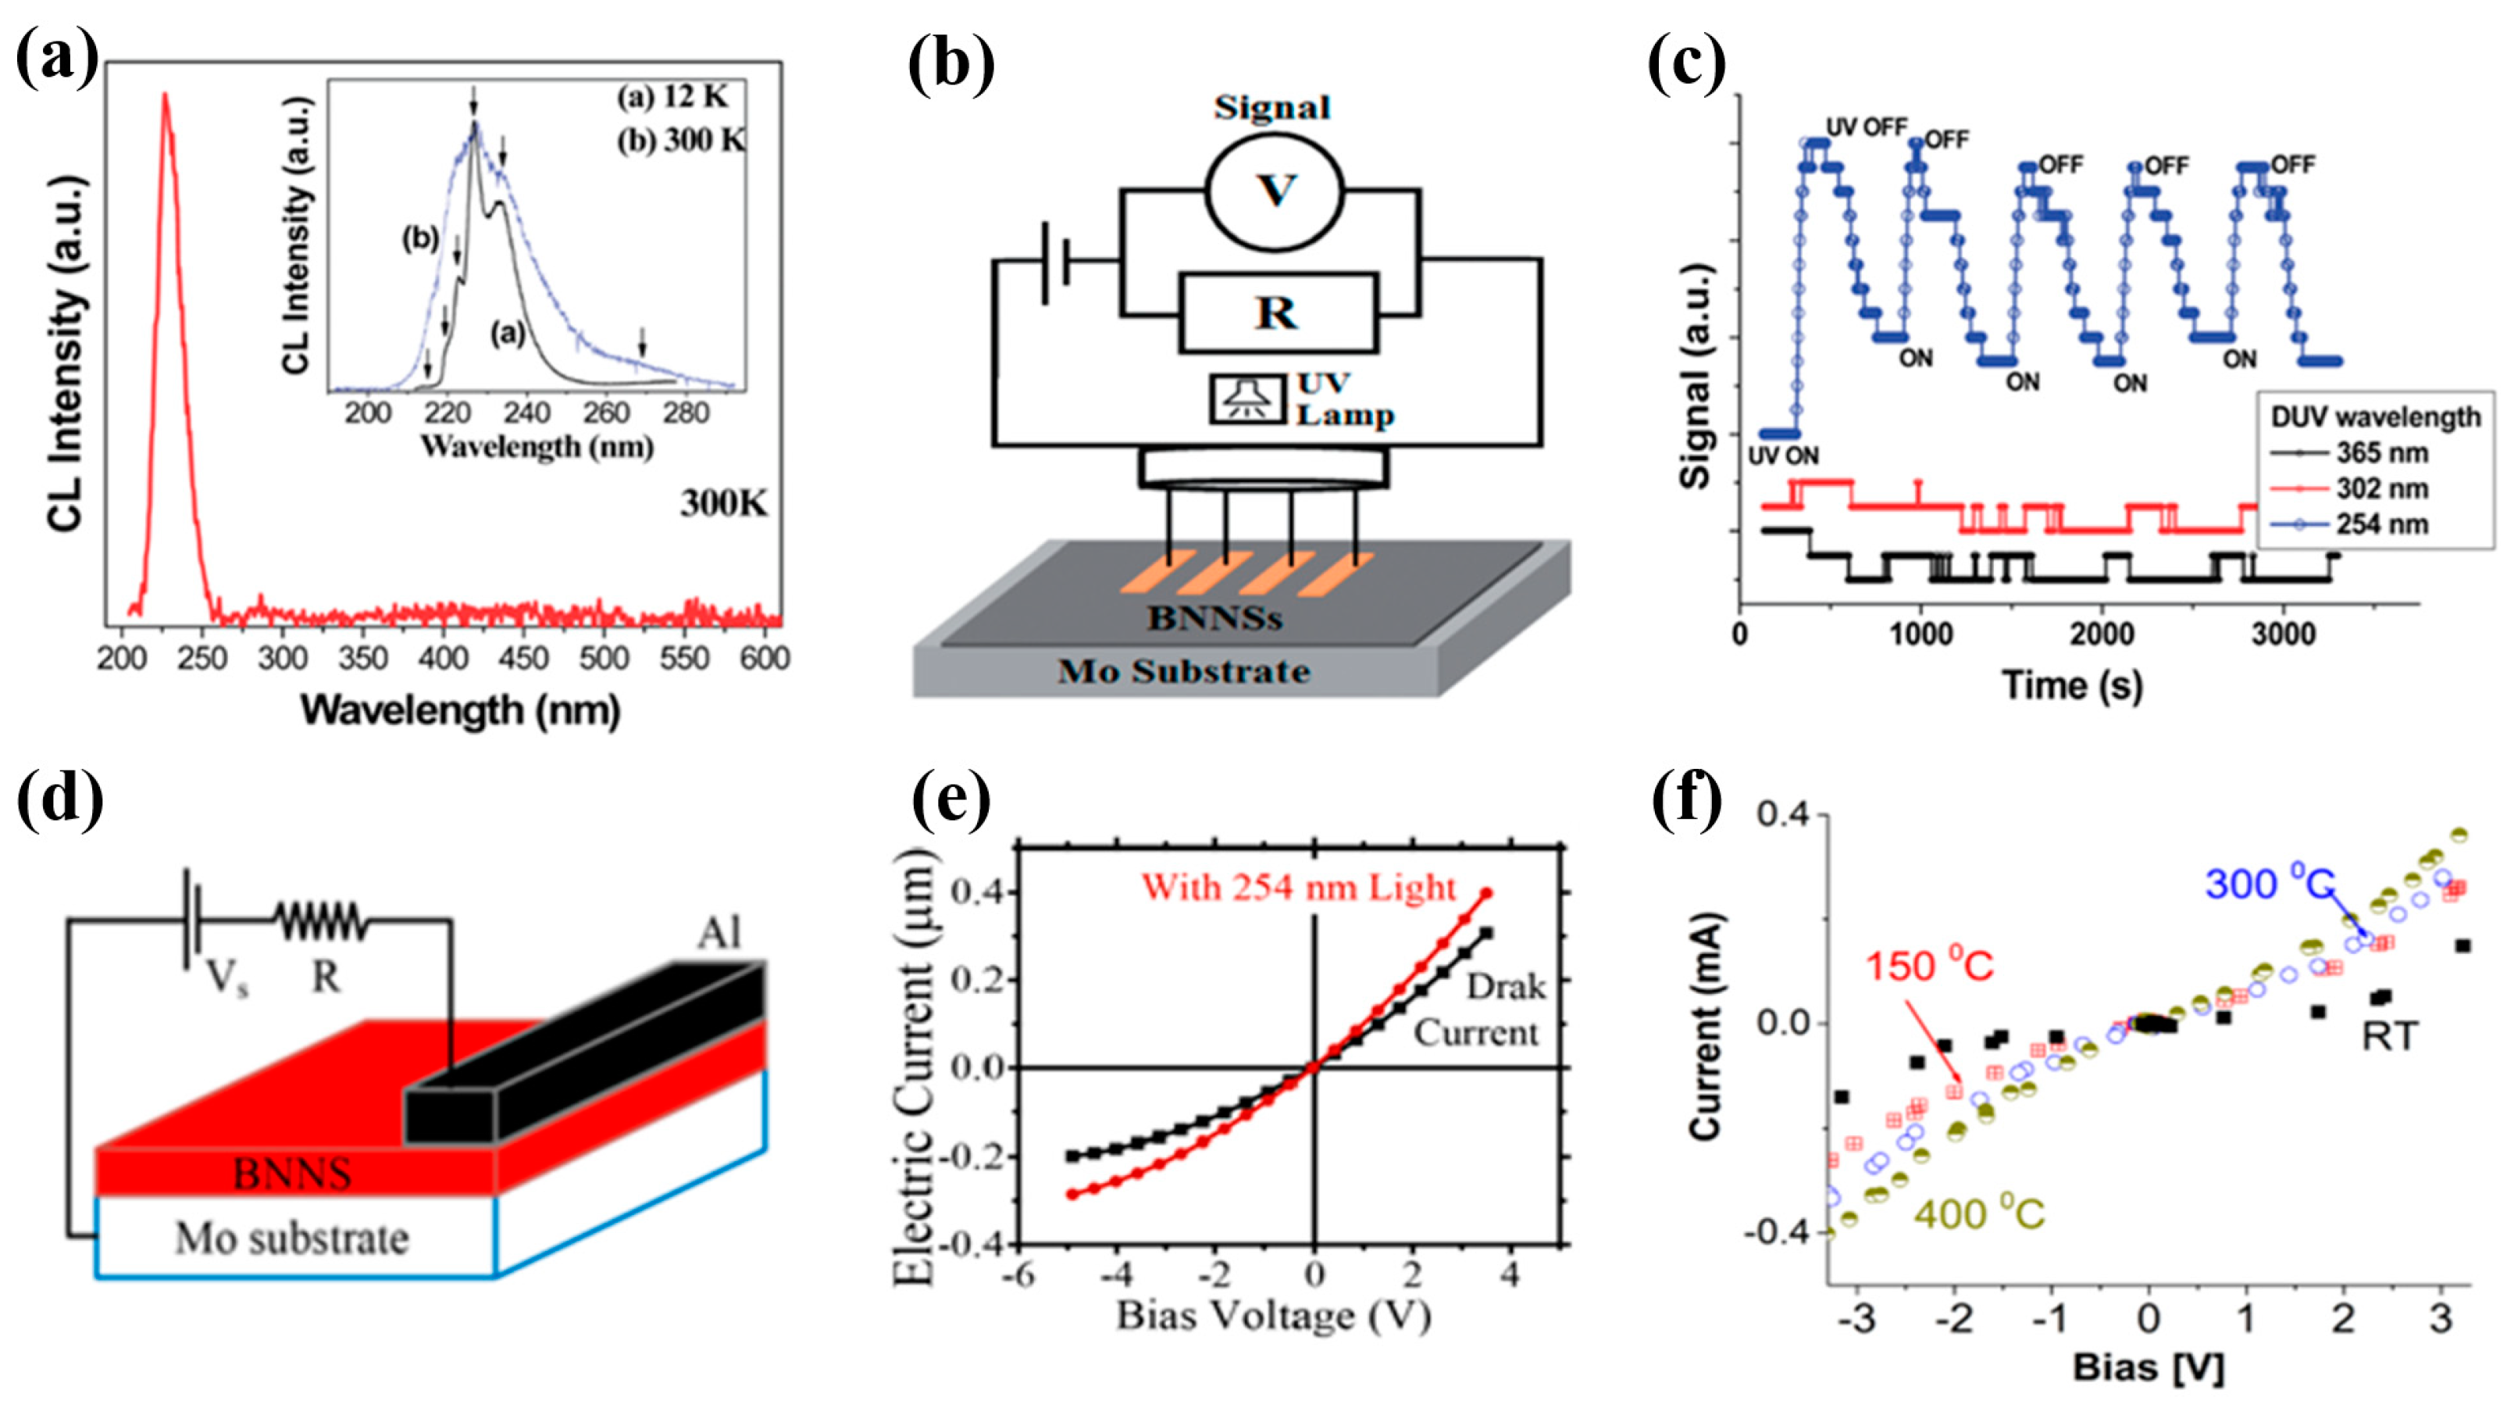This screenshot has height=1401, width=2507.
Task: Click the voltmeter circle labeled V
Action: click(1275, 189)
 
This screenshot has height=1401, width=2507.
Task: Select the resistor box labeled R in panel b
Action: click(1277, 313)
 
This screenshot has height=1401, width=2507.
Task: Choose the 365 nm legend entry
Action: click(2380, 452)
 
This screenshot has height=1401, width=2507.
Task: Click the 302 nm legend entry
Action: click(2380, 488)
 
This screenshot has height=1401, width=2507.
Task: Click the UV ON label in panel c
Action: click(1784, 455)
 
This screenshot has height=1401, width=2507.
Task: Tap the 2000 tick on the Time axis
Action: click(2101, 634)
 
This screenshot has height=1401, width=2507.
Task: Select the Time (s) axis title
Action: click(2073, 685)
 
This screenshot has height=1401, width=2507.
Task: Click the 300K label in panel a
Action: click(723, 503)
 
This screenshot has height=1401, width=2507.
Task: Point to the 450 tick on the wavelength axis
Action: click(523, 659)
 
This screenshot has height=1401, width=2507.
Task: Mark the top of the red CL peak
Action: click(166, 95)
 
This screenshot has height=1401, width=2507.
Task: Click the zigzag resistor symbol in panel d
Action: click(321, 920)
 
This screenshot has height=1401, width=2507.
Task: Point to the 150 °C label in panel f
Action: click(1929, 967)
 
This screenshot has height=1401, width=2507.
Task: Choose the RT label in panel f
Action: click(2389, 1037)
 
